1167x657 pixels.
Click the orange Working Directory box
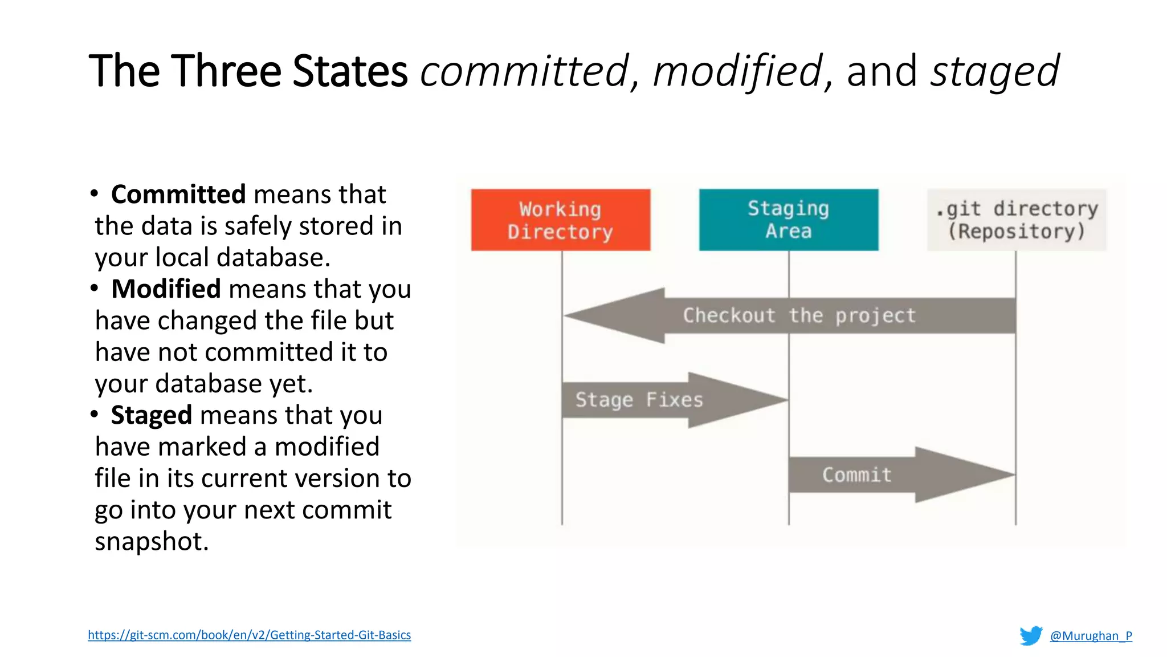tap(560, 220)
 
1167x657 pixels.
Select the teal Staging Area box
tap(788, 220)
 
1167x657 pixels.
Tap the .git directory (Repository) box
tap(1016, 220)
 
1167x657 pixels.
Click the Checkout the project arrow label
tap(799, 315)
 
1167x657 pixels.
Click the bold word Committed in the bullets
tap(178, 194)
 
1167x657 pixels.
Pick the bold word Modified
tap(166, 289)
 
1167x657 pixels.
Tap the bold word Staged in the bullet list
tap(151, 415)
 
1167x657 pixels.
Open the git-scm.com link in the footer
tap(249, 635)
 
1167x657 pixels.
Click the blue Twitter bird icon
tap(1030, 635)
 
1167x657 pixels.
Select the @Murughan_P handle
tap(1091, 635)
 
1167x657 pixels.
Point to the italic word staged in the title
tap(994, 71)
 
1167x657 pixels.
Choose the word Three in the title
tap(226, 71)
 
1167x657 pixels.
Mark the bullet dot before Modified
tap(94, 289)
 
